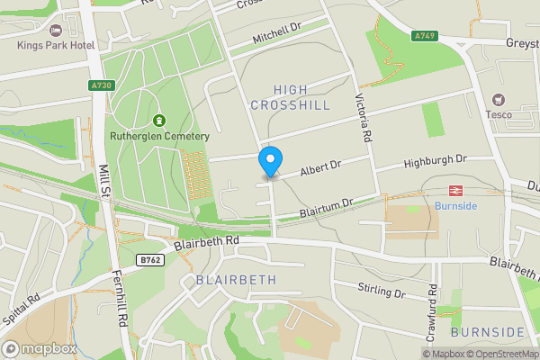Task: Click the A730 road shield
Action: point(103,85)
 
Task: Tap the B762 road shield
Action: point(150,260)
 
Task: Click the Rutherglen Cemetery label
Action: point(159,137)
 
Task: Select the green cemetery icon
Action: point(159,121)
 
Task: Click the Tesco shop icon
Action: point(497,100)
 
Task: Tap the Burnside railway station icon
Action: point(455,190)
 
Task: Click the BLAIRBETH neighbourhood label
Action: point(236,281)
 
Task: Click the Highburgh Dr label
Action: point(436,159)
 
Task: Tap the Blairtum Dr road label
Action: point(325,209)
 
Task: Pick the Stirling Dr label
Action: point(381,292)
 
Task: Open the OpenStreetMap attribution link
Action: point(505,354)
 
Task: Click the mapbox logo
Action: point(40,348)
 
